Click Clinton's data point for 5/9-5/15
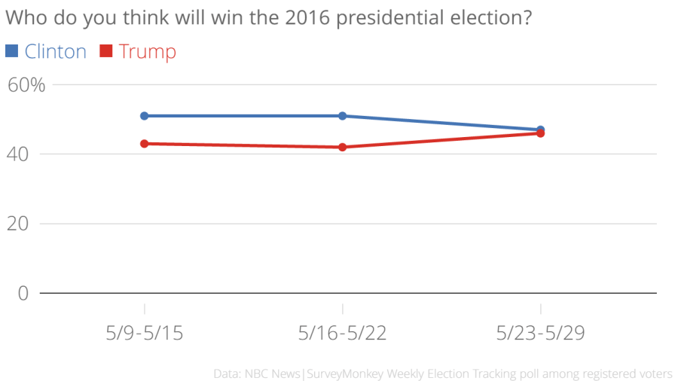(x=144, y=116)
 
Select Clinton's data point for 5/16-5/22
(x=342, y=116)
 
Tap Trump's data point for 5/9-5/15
(x=144, y=143)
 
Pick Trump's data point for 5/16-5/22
(x=342, y=147)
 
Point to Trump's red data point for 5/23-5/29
(x=541, y=133)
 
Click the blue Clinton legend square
(x=11, y=51)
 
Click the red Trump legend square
(x=105, y=51)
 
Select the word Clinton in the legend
(x=55, y=51)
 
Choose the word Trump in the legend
(x=147, y=51)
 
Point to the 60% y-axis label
(x=26, y=85)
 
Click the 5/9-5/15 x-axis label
(x=144, y=333)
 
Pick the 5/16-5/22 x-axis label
(x=342, y=333)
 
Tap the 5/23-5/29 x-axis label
(x=541, y=333)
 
